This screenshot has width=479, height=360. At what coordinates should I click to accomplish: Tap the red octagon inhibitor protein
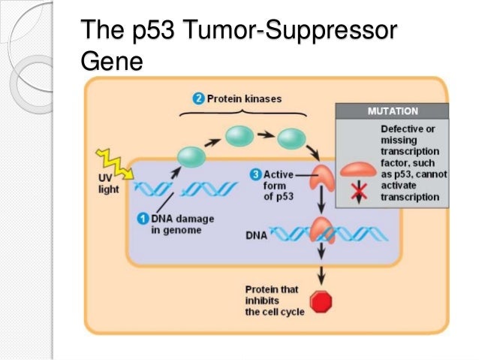click(x=321, y=302)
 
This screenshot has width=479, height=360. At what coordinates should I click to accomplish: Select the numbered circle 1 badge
click(x=142, y=218)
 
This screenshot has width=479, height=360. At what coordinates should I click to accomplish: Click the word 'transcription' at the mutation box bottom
click(x=409, y=197)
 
